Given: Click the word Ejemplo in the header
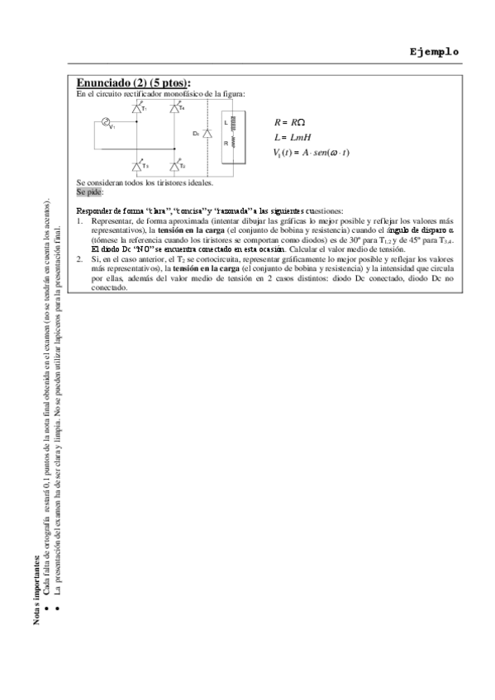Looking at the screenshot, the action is click(434, 51).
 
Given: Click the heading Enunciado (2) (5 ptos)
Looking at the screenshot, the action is click(133, 83).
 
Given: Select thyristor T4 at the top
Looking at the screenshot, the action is click(175, 108).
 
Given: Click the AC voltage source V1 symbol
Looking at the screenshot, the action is click(107, 123).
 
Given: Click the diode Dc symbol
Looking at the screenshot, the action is click(207, 133).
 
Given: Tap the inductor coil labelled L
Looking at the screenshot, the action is click(232, 123).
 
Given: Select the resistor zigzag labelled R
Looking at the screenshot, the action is click(232, 144).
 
